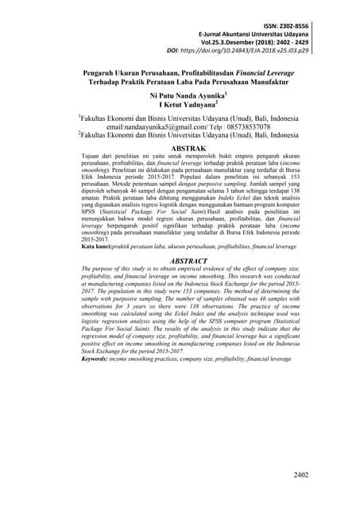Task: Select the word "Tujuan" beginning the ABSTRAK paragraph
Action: click(94, 157)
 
